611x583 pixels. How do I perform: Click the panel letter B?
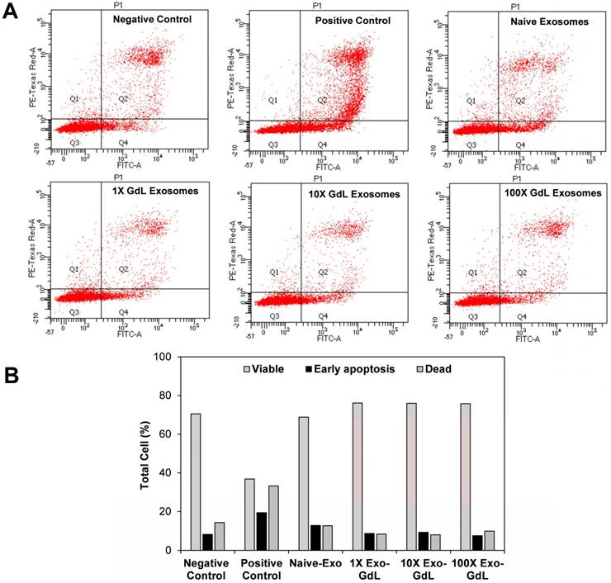coord(12,373)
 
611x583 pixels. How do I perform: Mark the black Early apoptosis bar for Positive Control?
coord(261,531)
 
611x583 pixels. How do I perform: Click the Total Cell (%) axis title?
coord(144,453)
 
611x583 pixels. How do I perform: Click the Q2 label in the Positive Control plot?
coord(324,100)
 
